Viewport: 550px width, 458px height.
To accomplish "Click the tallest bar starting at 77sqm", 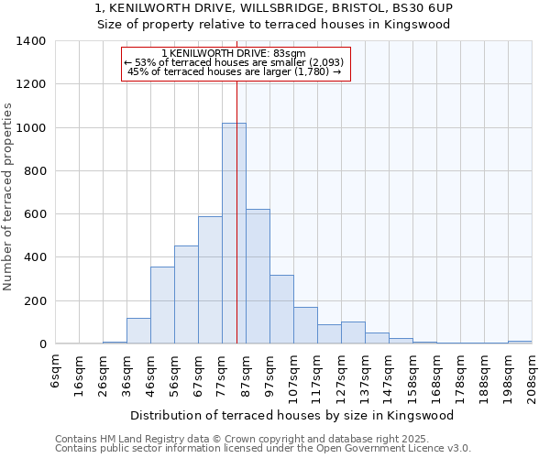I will (x=234, y=234).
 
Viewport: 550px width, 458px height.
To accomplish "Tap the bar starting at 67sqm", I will (x=210, y=280).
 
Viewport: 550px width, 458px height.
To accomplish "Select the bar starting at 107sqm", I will (x=305, y=326).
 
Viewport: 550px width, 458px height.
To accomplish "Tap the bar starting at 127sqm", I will (x=353, y=333).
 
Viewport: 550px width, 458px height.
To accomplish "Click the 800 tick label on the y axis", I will (x=34, y=171).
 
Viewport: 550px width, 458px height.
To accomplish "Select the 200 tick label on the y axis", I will (x=34, y=301).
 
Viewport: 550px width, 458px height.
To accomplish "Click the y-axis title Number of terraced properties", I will (x=9, y=197).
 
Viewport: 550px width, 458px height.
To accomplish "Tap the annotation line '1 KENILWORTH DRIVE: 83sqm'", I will (x=236, y=54).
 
